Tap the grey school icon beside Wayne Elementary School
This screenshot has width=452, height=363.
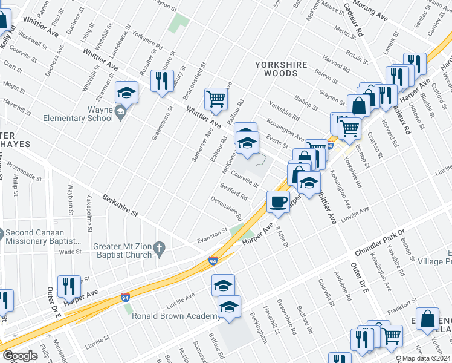pyautogui.click(x=121, y=113)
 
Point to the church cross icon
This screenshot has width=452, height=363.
pyautogui.click(x=159, y=248)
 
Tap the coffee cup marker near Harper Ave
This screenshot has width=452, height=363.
pyautogui.click(x=277, y=201)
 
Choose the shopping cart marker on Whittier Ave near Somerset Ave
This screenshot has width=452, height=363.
pyautogui.click(x=216, y=98)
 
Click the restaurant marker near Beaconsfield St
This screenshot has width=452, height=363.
pyautogui.click(x=162, y=81)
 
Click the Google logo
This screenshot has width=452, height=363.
pyautogui.click(x=20, y=356)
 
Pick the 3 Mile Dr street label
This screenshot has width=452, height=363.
pyautogui.click(x=282, y=237)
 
